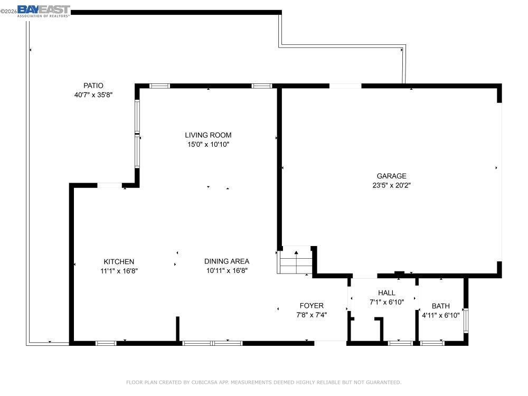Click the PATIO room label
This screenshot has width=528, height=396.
(x=93, y=86)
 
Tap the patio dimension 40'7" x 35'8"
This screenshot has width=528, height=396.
(x=93, y=95)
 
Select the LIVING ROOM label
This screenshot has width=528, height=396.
(x=208, y=135)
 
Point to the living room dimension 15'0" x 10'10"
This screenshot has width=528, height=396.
(x=208, y=145)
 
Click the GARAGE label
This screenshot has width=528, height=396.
(x=391, y=176)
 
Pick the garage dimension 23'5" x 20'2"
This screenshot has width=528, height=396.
(x=391, y=185)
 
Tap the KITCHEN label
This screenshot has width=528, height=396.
(x=119, y=262)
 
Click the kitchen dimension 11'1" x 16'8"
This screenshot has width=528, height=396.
(x=119, y=271)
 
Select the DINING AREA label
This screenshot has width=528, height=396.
(x=227, y=261)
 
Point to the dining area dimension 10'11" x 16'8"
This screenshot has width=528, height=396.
(x=227, y=270)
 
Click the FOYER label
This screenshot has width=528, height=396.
(x=312, y=306)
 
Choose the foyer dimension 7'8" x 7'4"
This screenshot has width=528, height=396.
(x=312, y=315)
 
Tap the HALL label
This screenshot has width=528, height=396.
(x=386, y=293)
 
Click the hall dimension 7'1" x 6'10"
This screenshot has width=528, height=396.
(x=386, y=303)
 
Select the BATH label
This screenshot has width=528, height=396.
(x=441, y=306)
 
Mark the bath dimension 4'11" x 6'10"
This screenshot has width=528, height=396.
(x=441, y=316)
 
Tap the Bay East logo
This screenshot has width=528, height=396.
(x=44, y=11)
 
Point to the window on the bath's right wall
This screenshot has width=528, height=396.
(x=466, y=320)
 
